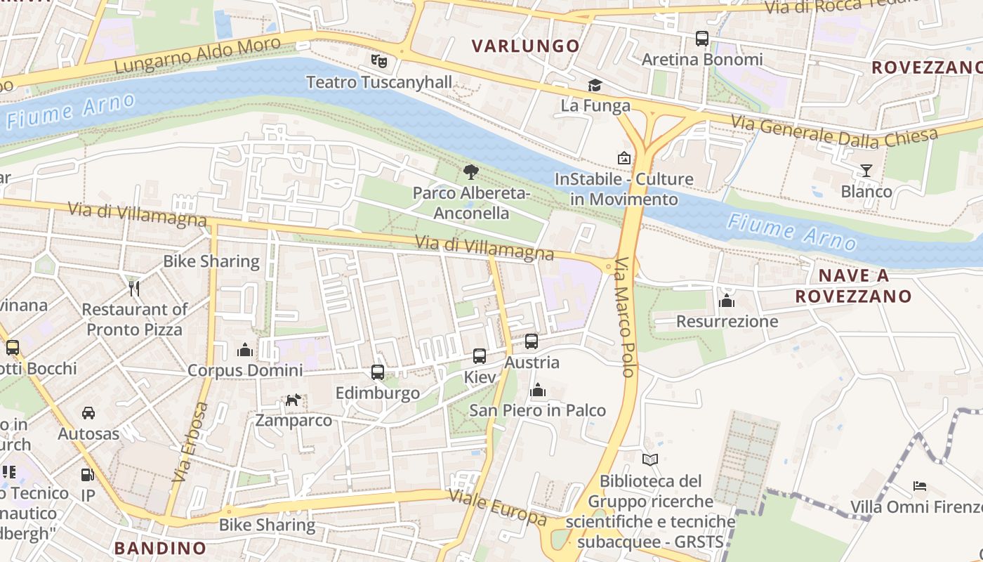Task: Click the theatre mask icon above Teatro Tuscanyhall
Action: [379, 61]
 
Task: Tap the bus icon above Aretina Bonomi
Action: [701, 39]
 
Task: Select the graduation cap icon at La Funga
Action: [595, 86]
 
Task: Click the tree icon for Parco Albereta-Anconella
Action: [470, 171]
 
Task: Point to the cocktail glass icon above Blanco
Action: [866, 171]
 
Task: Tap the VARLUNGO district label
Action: [526, 46]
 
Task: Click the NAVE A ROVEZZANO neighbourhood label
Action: [853, 285]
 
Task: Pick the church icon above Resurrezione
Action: [727, 301]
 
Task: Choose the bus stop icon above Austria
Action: [532, 341]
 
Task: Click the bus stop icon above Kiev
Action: [480, 356]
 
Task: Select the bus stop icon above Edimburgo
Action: [378, 372]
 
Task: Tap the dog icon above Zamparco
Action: [293, 400]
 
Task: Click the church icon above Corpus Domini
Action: [245, 349]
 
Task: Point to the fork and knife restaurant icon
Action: [134, 288]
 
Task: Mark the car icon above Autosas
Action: [88, 413]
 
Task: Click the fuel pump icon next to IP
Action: [88, 476]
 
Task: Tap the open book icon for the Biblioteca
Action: [651, 459]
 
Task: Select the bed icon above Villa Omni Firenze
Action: [920, 486]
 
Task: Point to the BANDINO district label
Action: [160, 548]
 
